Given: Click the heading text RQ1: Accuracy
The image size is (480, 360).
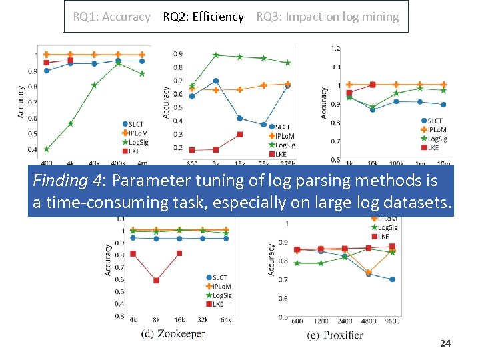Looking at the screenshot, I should [x=111, y=17].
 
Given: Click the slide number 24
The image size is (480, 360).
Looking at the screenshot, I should [x=445, y=343].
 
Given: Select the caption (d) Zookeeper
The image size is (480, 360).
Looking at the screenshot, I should [x=173, y=333].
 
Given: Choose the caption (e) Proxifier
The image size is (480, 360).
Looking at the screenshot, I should [x=335, y=335].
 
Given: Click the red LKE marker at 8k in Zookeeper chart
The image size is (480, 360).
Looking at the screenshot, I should [x=156, y=281].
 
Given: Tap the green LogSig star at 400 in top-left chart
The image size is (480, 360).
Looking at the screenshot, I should [x=47, y=149].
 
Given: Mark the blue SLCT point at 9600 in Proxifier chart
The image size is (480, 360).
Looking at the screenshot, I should [x=392, y=279].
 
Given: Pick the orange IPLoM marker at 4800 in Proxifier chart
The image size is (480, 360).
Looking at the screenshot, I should [x=369, y=272].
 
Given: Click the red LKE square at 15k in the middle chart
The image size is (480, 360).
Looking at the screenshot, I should [x=240, y=135].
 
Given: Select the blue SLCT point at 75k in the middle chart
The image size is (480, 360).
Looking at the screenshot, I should [x=264, y=125].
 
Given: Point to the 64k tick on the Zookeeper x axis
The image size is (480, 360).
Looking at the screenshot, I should [x=226, y=320].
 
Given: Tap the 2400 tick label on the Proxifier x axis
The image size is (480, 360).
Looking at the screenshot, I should [x=345, y=321].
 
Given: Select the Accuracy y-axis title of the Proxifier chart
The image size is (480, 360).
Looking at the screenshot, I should [x=271, y=259].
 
